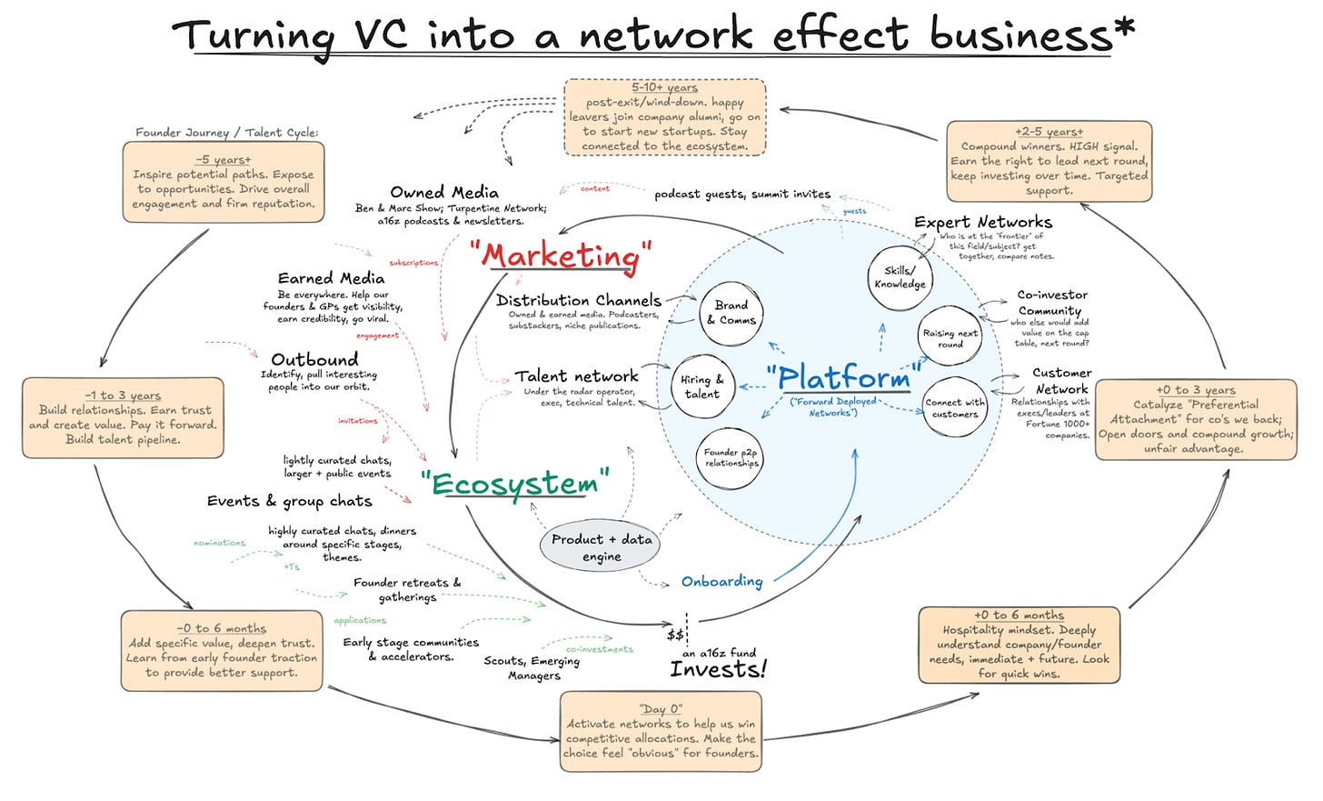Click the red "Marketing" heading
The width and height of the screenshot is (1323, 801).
click(563, 255)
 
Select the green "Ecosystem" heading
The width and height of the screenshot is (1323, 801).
click(514, 484)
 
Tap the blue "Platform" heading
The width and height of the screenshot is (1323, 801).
click(844, 376)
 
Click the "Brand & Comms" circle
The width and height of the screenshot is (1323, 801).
click(731, 313)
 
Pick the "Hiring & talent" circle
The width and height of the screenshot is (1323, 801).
click(701, 386)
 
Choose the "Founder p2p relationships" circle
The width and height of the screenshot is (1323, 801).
click(731, 457)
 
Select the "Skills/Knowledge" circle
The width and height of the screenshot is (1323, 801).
click(900, 277)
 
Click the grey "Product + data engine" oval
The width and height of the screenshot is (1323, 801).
click(602, 547)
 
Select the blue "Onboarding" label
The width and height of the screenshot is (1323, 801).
click(721, 581)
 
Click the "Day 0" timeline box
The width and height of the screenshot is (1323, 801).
click(661, 731)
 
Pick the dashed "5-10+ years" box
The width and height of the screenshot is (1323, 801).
click(664, 116)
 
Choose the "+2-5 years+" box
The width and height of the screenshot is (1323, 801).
click(1049, 161)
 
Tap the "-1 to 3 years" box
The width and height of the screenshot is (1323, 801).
click(123, 417)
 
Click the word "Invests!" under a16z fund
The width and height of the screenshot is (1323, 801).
click(718, 670)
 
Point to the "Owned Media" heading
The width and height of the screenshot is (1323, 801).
click(443, 192)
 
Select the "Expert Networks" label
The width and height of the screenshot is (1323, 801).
click(982, 222)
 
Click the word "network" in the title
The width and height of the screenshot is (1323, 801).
click(666, 35)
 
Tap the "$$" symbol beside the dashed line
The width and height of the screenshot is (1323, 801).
click(675, 635)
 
